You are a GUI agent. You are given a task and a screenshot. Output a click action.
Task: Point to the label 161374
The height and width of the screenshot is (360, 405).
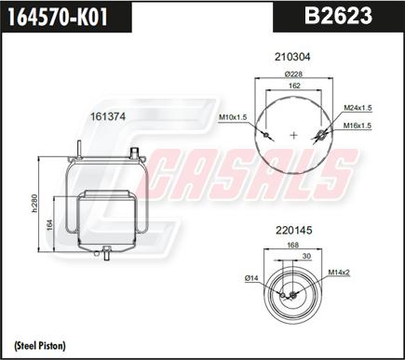108,116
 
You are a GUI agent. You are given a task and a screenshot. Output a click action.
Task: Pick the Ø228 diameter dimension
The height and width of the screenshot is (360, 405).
294,75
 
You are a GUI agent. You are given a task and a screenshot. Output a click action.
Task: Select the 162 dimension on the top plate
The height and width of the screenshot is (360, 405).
294,87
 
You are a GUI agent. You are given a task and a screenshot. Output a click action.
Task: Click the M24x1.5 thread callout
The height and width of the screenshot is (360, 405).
358,106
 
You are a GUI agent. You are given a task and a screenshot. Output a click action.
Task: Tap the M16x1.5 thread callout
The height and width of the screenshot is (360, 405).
358,125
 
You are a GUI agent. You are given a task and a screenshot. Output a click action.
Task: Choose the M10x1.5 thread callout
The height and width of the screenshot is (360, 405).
233,117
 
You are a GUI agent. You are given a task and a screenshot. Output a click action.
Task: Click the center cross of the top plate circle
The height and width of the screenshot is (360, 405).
294,135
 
